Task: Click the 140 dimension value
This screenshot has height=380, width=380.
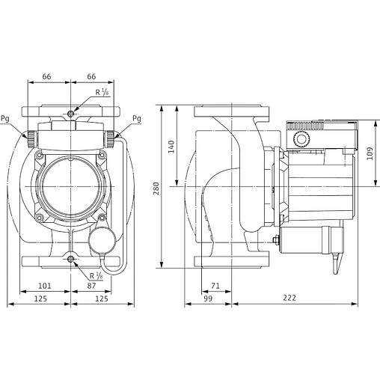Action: pyautogui.click(x=171, y=147)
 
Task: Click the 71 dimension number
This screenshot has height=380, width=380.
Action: pyautogui.click(x=216, y=285)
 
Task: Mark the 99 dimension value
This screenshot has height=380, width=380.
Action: pyautogui.click(x=209, y=298)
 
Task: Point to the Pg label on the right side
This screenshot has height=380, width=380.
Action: pyautogui.click(x=136, y=119)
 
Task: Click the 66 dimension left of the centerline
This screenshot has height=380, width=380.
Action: pyautogui.click(x=46, y=76)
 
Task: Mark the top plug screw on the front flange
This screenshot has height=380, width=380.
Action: pyautogui.click(x=71, y=112)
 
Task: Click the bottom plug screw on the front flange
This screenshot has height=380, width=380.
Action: pyautogui.click(x=71, y=259)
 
